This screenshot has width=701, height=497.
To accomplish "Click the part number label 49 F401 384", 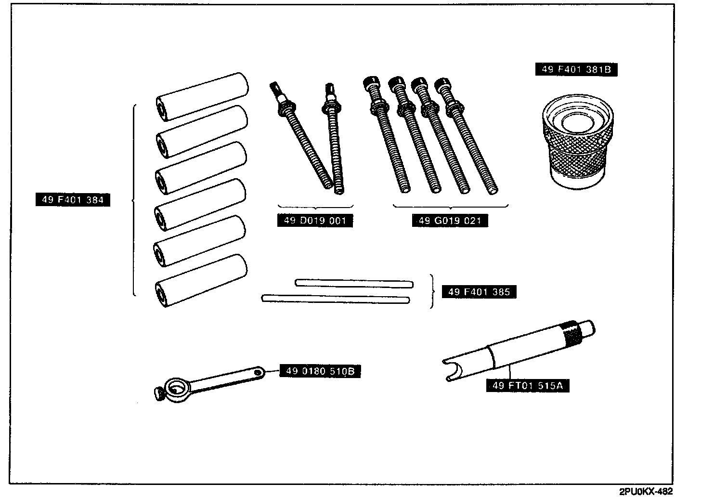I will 73,199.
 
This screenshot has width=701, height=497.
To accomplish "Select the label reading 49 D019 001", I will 315,221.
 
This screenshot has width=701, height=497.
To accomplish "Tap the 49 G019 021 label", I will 450,221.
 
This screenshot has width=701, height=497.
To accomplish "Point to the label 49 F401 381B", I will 576,69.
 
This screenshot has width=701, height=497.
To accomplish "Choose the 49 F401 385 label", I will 479,292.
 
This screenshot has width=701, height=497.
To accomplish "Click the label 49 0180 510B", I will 320,371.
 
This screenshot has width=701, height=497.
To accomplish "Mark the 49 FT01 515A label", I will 528,386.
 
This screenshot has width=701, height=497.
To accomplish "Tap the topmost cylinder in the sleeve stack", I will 202,96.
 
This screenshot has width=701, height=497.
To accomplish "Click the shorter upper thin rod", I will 354,283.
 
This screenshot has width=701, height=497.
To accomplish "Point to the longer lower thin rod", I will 335,299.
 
